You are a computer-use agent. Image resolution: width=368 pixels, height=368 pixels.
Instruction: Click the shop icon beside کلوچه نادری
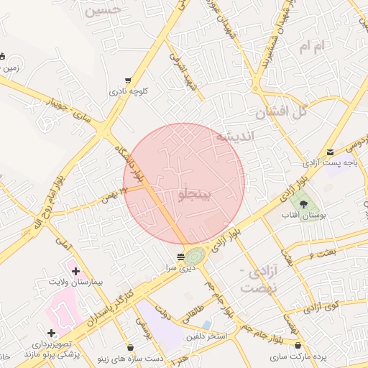(x=128, y=80)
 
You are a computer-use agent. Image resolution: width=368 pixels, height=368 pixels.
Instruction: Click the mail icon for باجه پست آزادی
(x=330, y=152)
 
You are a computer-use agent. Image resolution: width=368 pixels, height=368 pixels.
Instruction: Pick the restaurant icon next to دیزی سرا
(x=181, y=256)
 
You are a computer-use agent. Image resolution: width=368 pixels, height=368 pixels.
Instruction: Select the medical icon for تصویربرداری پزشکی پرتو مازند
(x=51, y=333)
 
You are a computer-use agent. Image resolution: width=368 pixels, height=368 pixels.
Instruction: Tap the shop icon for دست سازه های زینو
(x=129, y=347)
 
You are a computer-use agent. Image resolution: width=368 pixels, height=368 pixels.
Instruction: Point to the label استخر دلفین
(x=206, y=336)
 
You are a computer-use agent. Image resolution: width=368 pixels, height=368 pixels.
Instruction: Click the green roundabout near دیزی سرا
(x=195, y=255)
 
